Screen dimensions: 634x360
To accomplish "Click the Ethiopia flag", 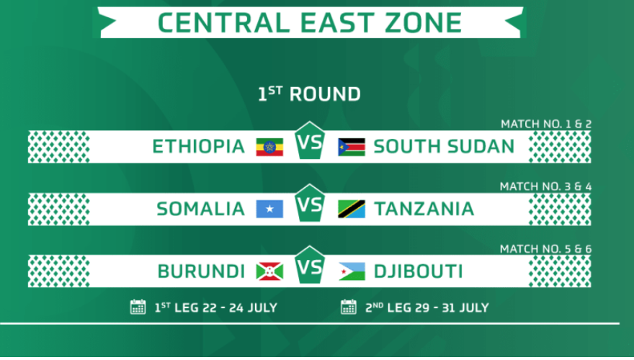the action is (x=269, y=147).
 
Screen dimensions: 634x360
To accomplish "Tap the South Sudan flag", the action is (x=352, y=147).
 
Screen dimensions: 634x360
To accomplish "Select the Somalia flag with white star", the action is (x=269, y=209).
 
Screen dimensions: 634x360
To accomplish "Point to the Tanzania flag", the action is (x=352, y=209).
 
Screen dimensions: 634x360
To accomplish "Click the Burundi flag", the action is (x=269, y=271).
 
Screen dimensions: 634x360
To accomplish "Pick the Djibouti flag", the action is (x=352, y=271).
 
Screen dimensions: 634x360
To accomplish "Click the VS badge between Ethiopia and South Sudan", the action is (x=310, y=140).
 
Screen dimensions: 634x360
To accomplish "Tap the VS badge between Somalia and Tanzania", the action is (x=310, y=203).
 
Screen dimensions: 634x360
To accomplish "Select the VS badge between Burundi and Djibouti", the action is (x=310, y=266).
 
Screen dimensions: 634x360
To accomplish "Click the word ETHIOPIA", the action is (x=199, y=147).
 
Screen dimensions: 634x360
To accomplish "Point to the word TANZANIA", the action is (x=424, y=210).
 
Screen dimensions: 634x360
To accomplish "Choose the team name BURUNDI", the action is (x=201, y=271).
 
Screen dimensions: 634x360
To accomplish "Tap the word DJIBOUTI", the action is (x=418, y=271).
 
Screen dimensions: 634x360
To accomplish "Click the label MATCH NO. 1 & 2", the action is (x=546, y=124).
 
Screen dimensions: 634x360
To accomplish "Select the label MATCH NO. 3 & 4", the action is (x=545, y=186).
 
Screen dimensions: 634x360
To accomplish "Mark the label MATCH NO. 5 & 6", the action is (x=545, y=249).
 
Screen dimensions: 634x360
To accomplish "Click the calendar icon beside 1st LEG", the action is (x=138, y=307).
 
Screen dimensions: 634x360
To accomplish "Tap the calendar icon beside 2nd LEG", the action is (x=349, y=307).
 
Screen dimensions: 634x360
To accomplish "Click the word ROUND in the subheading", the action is (x=325, y=94).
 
